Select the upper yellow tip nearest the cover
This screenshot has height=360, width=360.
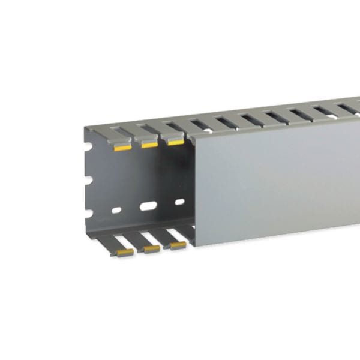point(175,142)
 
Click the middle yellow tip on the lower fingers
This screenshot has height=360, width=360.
point(152,249)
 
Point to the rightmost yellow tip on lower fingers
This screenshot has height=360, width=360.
point(178,245)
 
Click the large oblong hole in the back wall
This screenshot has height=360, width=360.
point(148,206)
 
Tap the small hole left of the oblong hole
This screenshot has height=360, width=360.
point(116,210)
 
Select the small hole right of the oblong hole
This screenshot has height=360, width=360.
point(178,202)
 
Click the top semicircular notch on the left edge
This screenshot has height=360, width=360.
point(88,146)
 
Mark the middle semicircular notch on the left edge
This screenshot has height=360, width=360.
point(88,179)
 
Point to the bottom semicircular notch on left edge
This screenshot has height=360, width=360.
point(88,213)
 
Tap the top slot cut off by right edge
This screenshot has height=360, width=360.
point(355,110)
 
